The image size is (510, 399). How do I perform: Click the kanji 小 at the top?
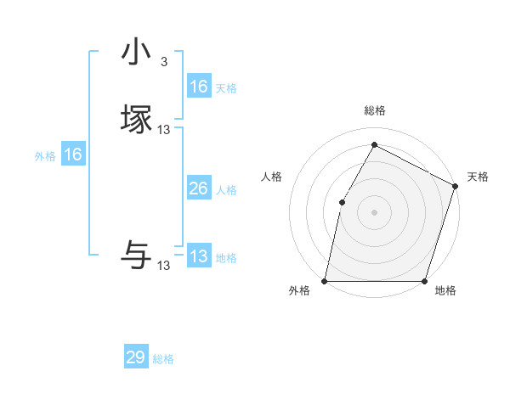(x=136, y=53)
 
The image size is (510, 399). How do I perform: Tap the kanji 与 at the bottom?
(x=136, y=255)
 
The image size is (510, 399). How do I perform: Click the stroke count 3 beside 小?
(x=163, y=62)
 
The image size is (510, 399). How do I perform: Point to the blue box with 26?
(x=198, y=188)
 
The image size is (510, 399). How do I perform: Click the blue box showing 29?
(x=136, y=357)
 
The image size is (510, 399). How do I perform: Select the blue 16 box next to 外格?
(x=73, y=155)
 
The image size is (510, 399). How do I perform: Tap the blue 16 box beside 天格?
(x=198, y=87)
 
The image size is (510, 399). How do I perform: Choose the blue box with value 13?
(x=198, y=256)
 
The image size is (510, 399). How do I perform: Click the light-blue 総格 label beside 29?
(x=163, y=359)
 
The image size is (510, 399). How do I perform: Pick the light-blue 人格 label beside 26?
(x=226, y=190)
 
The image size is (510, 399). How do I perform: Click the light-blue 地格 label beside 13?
(x=226, y=258)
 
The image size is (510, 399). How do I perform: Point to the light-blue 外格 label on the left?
(x=45, y=156)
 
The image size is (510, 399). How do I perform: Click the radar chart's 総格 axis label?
(x=374, y=110)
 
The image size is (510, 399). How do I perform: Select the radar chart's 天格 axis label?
(x=478, y=177)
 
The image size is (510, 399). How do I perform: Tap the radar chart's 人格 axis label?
(x=271, y=177)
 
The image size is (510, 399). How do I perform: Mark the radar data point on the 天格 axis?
(x=456, y=186)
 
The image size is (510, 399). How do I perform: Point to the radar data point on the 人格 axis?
(x=342, y=202)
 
